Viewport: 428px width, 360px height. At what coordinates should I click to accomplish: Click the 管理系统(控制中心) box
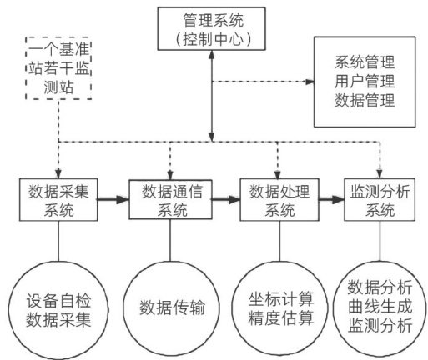pyautogui.click(x=211, y=28)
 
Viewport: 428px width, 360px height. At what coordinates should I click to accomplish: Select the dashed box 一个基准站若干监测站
pyautogui.click(x=58, y=68)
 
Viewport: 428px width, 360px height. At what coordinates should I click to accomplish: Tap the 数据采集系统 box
pyautogui.click(x=58, y=200)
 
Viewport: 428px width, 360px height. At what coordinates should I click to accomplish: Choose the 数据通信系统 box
pyautogui.click(x=170, y=199)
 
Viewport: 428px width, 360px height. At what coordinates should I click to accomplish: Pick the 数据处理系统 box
pyautogui.click(x=279, y=200)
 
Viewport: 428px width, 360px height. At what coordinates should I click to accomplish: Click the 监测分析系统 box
pyautogui.click(x=380, y=200)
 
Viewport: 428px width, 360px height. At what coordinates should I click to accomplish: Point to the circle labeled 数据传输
pyautogui.click(x=171, y=307)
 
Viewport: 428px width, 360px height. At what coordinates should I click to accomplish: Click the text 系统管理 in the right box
pyautogui.click(x=365, y=62)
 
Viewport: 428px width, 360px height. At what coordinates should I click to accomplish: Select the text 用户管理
pyautogui.click(x=365, y=82)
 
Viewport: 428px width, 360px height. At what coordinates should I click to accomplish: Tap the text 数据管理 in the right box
pyautogui.click(x=365, y=100)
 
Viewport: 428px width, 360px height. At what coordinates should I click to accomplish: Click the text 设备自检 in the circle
pyautogui.click(x=58, y=301)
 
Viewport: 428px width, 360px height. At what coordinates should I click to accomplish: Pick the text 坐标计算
pyautogui.click(x=281, y=298)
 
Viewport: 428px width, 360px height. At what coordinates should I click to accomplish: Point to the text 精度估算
pyautogui.click(x=281, y=317)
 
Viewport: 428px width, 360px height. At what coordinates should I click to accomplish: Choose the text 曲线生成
pyautogui.click(x=380, y=307)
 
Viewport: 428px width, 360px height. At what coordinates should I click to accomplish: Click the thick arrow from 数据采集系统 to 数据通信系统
pyautogui.click(x=113, y=199)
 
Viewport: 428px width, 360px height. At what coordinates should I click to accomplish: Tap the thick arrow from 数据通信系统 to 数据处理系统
pyautogui.click(x=226, y=199)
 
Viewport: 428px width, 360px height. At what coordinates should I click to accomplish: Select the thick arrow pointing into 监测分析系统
pyautogui.click(x=331, y=199)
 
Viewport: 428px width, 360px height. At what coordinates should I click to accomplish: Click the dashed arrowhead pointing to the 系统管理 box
pyautogui.click(x=310, y=82)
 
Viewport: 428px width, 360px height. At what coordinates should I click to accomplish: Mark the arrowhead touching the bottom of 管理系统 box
pyautogui.click(x=212, y=54)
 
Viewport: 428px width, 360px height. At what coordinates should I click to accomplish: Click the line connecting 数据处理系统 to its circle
pyautogui.click(x=279, y=241)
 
